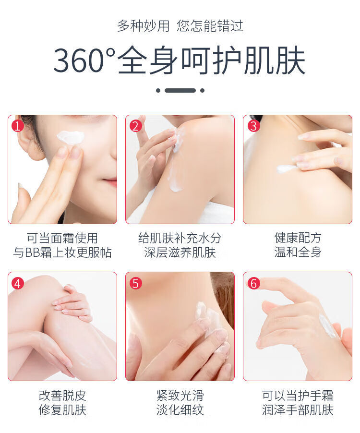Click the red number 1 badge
click(x=18, y=126)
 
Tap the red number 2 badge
click(x=135, y=126)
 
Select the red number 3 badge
click(x=253, y=126)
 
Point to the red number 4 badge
click(x=18, y=283)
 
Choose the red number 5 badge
click(x=135, y=283)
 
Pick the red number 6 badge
click(x=253, y=283)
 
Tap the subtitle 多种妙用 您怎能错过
click(x=180, y=25)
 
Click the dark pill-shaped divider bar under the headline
click(x=180, y=90)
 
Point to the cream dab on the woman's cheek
click(x=70, y=137)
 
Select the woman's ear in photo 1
click(x=28, y=144)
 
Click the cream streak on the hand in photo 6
click(x=327, y=326)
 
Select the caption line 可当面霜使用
click(x=62, y=238)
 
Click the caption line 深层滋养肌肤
click(x=180, y=253)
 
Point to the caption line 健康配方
click(x=298, y=238)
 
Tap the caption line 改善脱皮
click(x=62, y=396)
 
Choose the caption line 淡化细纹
click(x=180, y=409)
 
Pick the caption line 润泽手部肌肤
click(x=298, y=409)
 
